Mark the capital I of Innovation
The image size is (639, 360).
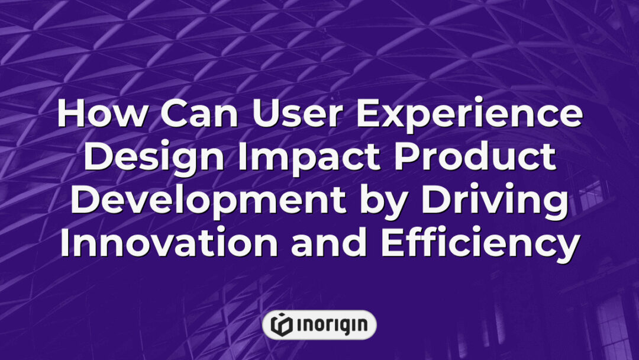coord(65,243)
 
